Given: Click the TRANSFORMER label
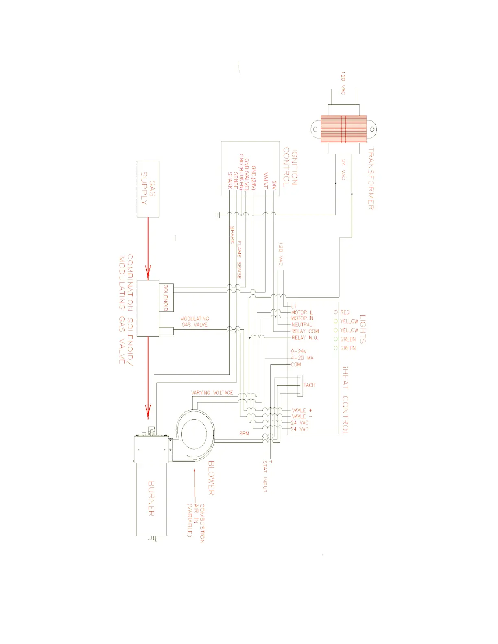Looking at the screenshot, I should click(x=371, y=179).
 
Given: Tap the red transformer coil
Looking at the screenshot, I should click(x=343, y=129).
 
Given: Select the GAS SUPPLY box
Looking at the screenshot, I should click(x=148, y=189).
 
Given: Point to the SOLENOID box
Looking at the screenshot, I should click(x=166, y=298).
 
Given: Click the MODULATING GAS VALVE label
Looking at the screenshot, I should click(x=194, y=322).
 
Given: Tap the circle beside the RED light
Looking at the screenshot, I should click(x=336, y=312).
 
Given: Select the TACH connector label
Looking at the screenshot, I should click(x=309, y=385).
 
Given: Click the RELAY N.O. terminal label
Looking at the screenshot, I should click(x=305, y=338).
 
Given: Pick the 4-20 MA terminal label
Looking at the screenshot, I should click(x=302, y=358).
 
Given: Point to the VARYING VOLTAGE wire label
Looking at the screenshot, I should click(x=212, y=393).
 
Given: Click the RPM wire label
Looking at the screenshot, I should click(x=244, y=433).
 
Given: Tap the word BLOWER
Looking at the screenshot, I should click(x=211, y=478).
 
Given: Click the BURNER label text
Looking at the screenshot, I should click(x=151, y=499).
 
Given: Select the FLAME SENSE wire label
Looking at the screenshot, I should click(x=239, y=259).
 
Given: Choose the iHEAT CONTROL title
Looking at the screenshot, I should click(x=345, y=401).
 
